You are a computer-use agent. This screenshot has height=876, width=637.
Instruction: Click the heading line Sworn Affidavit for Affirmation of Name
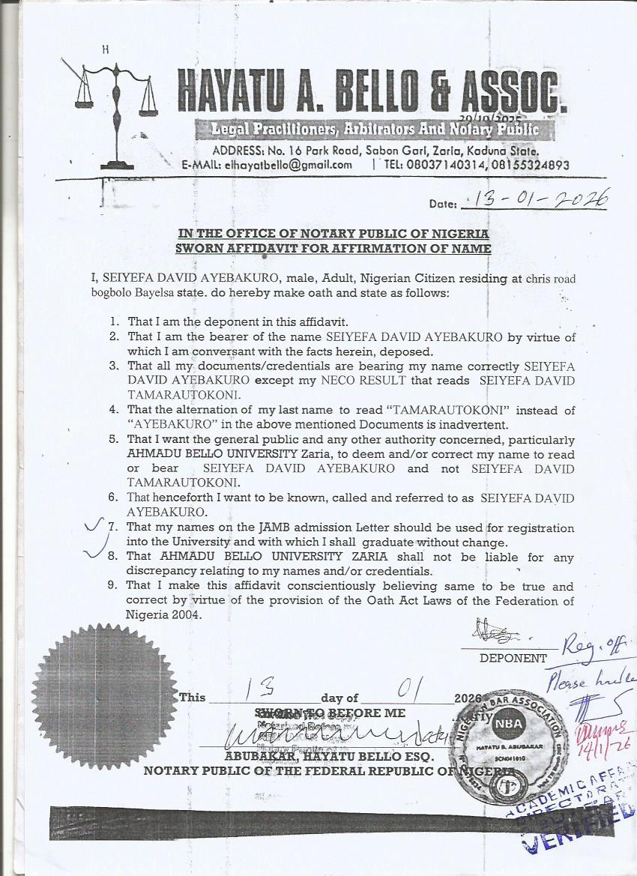coord(333,248)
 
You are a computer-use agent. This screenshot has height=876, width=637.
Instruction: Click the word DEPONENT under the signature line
coord(513,658)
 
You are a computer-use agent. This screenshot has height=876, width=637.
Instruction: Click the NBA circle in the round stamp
coord(504,724)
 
